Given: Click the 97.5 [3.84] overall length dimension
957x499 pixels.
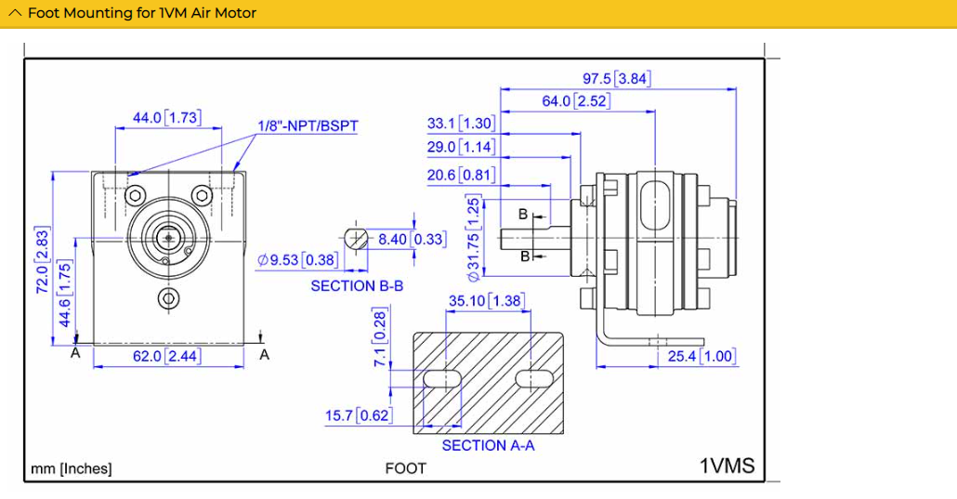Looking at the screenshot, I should click(616, 79).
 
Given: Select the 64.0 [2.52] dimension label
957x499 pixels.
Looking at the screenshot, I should click(576, 101).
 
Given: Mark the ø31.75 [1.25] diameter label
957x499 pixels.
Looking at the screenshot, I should click(473, 238).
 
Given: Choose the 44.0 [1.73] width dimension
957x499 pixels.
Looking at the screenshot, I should click(166, 118).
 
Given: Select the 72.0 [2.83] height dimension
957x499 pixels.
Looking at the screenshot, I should click(41, 261).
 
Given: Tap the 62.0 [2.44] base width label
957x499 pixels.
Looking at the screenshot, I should click(166, 356).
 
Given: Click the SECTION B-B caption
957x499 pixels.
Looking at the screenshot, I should click(357, 286).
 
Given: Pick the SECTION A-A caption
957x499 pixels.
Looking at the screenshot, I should click(488, 446).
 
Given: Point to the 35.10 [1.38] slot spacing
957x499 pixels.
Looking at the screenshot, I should click(486, 301).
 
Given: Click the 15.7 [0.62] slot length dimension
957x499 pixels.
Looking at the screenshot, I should click(358, 415).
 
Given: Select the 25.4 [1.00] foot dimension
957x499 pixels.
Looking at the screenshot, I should click(701, 357).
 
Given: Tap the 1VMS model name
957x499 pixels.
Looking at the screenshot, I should click(727, 466).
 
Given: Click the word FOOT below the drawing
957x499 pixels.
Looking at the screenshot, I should click(406, 468).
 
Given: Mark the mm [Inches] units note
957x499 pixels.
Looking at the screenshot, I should click(72, 468).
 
